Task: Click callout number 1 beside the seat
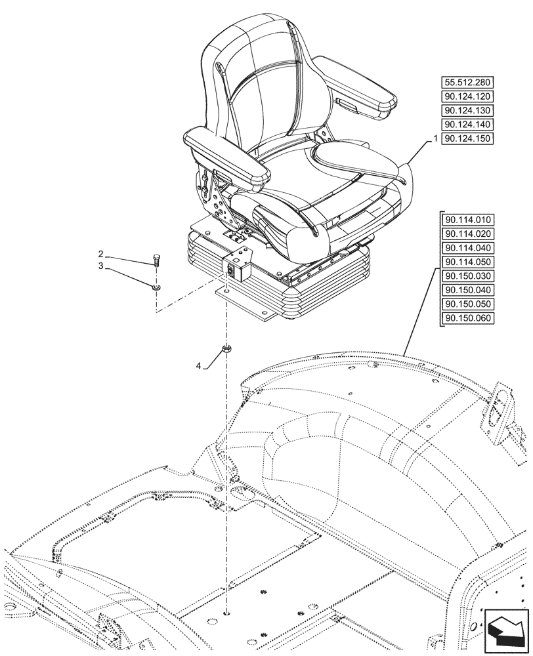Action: click(x=435, y=139)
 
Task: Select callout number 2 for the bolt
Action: click(x=100, y=254)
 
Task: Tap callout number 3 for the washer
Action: click(x=100, y=266)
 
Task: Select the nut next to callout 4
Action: click(x=226, y=348)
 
